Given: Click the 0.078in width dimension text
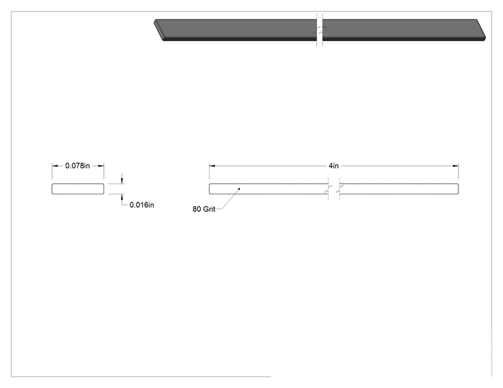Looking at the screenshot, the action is [x=77, y=165].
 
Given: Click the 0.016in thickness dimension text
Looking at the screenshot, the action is [x=141, y=205].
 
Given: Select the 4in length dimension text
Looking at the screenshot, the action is [x=333, y=165].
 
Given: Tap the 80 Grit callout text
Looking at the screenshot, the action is [x=203, y=209].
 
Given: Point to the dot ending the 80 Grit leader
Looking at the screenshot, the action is [x=239, y=189].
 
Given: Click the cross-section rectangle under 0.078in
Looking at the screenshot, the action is [x=78, y=189].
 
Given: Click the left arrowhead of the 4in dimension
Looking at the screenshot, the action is [x=212, y=166].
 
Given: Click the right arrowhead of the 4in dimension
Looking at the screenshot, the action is [x=456, y=166].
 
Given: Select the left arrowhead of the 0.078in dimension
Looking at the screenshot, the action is [x=55, y=166].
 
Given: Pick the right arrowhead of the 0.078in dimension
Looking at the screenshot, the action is [x=101, y=166].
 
